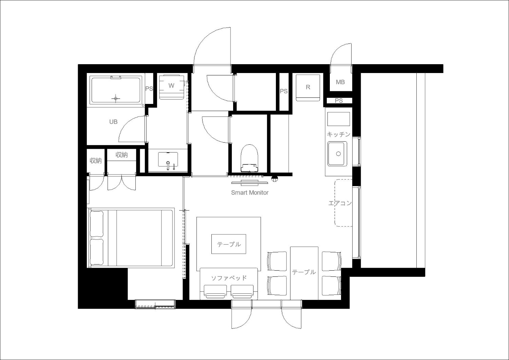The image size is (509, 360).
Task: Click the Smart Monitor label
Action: tap(250, 193)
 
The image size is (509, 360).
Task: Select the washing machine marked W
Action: tap(171, 87)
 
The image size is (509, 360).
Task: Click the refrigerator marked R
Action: tap(308, 88)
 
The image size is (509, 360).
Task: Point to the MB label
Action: tap(340, 82)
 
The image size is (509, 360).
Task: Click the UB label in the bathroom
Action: tap(113, 122)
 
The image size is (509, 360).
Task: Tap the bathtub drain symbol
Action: tap(116, 98)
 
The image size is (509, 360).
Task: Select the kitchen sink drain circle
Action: tap(338, 154)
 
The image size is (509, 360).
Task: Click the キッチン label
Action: tap(338, 134)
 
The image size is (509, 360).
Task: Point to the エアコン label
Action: tap(340, 203)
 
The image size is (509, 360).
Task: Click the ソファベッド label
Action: tap(229, 278)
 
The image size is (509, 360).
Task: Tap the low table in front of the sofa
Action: tap(229, 244)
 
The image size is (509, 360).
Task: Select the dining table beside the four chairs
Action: tap(304, 273)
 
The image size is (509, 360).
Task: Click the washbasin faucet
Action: tap(168, 165)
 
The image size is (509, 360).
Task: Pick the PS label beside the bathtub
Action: tap(149, 88)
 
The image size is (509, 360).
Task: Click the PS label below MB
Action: tap(339, 101)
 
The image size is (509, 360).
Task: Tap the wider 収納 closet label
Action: tap(121, 155)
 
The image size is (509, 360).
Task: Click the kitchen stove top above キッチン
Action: tap(339, 119)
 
